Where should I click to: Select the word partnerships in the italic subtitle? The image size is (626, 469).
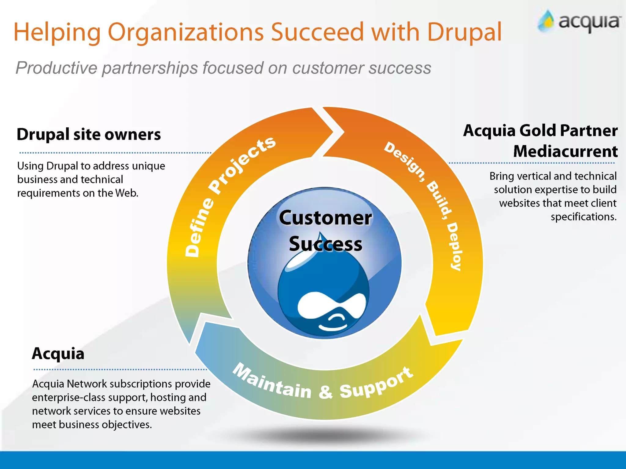150,68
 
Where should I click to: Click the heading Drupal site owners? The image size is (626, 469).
89,134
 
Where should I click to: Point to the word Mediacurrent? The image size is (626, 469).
565,151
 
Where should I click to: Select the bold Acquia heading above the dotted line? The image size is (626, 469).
58,354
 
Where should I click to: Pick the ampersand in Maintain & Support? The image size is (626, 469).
326,391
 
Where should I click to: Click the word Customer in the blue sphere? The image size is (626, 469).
325,218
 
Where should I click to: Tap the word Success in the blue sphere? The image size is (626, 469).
325,244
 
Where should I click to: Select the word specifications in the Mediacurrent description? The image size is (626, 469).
583,217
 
